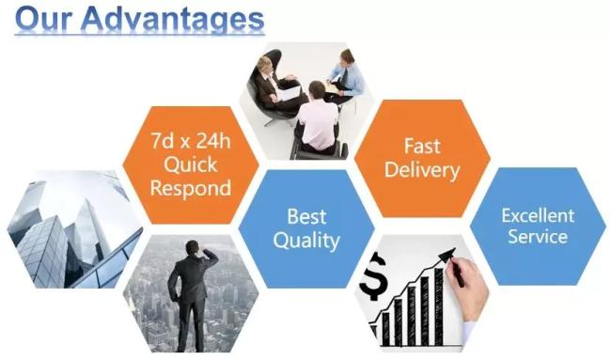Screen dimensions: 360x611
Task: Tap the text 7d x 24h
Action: tap(190, 143)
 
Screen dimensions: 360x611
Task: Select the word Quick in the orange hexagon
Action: tap(190, 164)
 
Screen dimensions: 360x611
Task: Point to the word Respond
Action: tap(190, 187)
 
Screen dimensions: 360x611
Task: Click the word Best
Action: tap(306, 216)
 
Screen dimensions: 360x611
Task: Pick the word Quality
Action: tap(306, 241)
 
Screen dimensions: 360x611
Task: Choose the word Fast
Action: tap(422, 147)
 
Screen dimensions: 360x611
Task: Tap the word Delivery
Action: tap(422, 170)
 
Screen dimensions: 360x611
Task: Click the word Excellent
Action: tap(538, 215)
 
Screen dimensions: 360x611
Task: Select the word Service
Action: tap(538, 236)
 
